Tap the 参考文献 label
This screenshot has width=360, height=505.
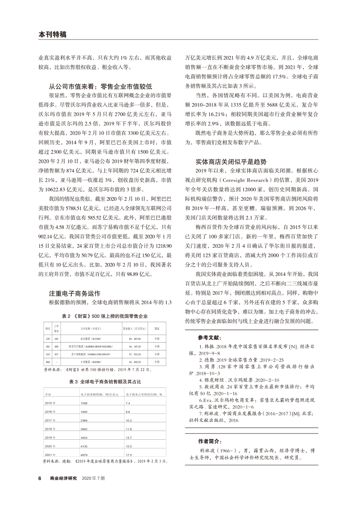[209, 325]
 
